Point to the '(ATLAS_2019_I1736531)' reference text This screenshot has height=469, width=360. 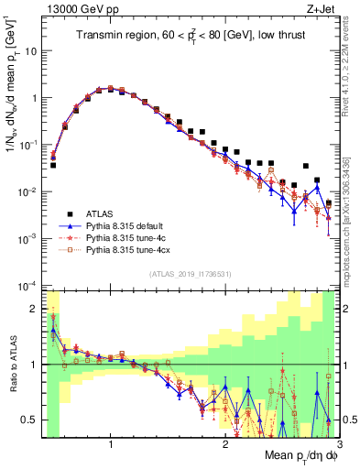(x=190, y=274)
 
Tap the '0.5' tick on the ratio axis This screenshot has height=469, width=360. (x=30, y=420)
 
